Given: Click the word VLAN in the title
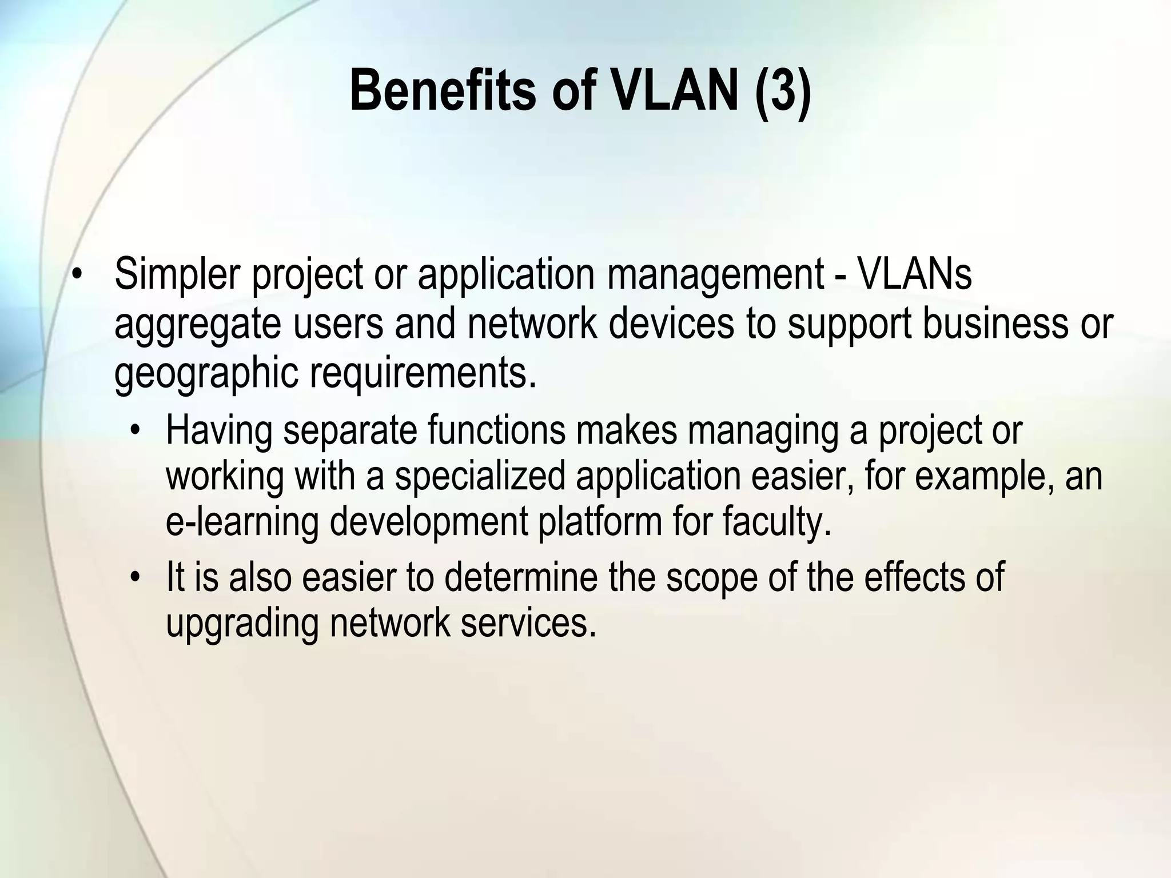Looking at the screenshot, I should [675, 90].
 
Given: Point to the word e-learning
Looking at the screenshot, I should [241, 521].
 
